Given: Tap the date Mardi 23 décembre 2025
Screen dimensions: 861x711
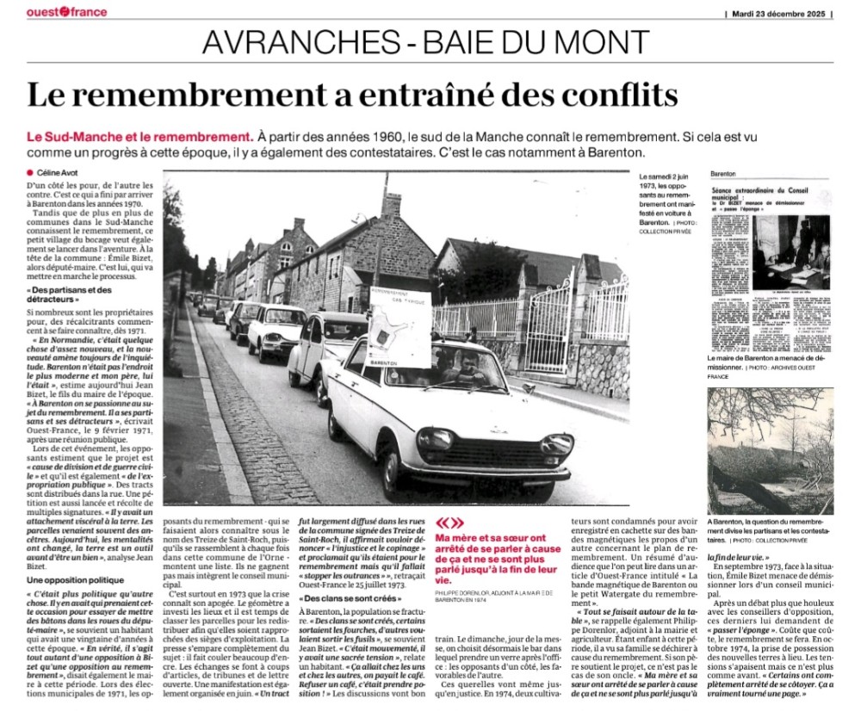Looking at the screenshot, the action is click(781, 13).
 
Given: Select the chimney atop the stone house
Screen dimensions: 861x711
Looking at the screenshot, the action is click(392, 207).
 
